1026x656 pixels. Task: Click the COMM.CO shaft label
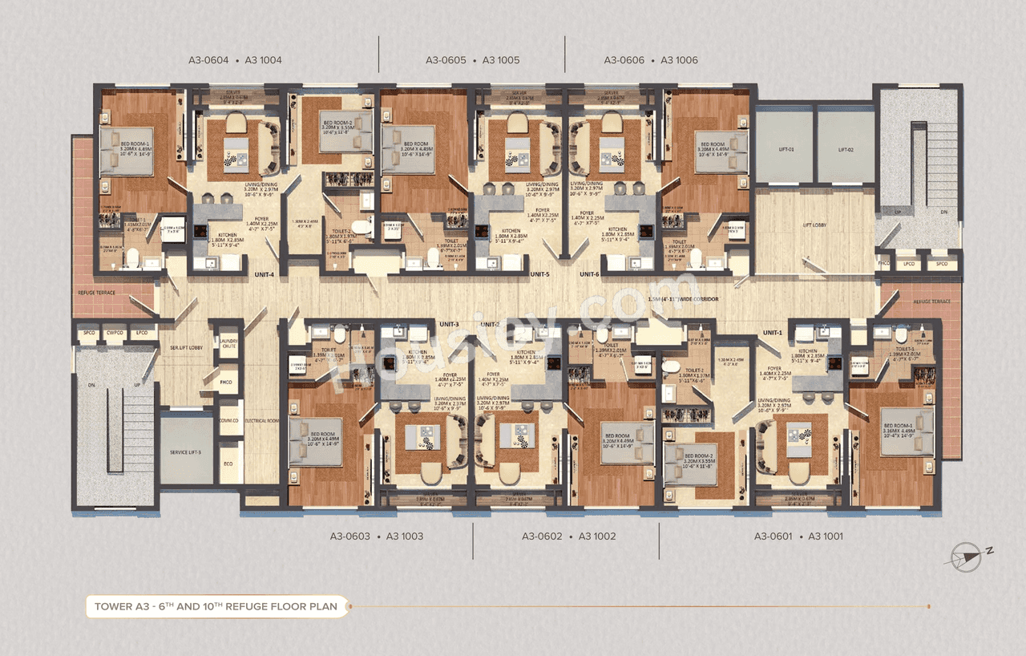[x=228, y=420]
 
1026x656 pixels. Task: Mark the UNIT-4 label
[x=265, y=275]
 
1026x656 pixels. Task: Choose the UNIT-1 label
[x=772, y=332]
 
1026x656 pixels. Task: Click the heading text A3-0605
[x=446, y=60]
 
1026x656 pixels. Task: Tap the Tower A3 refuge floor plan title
[x=216, y=606]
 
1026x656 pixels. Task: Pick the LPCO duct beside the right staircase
[x=909, y=263]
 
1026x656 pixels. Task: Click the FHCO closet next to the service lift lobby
[x=227, y=383]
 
